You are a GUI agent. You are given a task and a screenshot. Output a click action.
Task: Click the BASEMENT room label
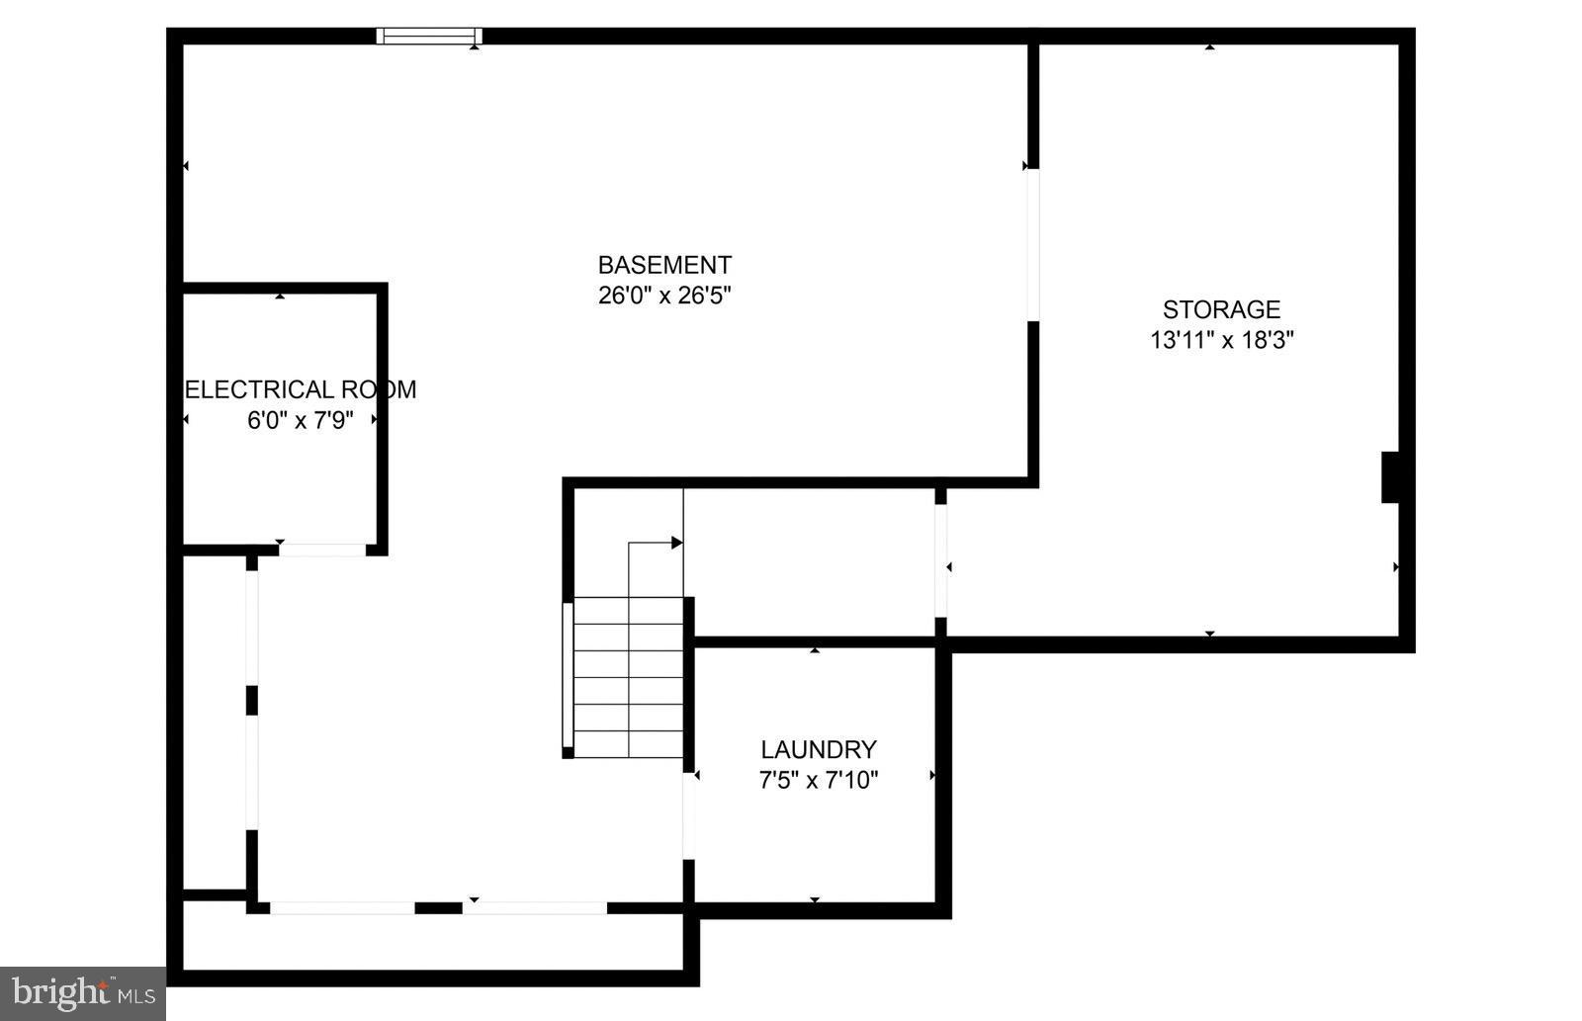664,265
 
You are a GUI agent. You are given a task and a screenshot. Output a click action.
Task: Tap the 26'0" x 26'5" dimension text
664,296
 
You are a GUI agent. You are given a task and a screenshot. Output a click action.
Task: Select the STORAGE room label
1221,309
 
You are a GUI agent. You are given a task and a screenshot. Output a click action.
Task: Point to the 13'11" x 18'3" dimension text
1222,340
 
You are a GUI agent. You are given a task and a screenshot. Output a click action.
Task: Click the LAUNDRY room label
818,749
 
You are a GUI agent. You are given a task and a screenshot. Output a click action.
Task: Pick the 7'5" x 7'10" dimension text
818,780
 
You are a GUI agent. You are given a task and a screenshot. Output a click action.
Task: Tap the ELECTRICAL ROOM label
301,389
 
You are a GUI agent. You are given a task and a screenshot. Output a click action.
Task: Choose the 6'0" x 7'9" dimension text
301,420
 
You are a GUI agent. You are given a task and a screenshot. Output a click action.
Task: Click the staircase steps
629,677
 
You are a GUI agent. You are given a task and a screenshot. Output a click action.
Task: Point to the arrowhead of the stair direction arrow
677,543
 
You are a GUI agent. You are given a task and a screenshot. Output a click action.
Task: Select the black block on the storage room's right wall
1390,477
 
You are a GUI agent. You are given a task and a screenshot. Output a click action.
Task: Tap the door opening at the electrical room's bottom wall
321,550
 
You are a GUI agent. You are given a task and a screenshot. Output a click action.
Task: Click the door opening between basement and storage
1033,244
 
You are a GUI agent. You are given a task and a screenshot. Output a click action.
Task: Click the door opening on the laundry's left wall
689,815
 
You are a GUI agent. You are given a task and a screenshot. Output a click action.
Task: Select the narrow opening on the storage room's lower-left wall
941,560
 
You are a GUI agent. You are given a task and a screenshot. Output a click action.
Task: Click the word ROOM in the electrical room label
379,389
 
